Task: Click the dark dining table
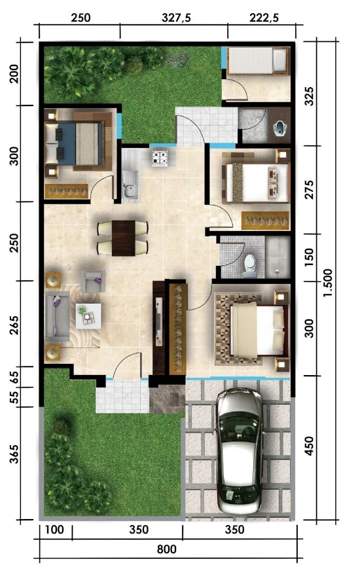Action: click(x=122, y=238)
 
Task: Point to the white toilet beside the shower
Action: click(x=249, y=262)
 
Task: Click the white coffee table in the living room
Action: click(x=87, y=315)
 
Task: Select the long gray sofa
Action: click(x=58, y=317)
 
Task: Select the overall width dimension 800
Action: click(x=167, y=549)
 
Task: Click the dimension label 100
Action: click(x=55, y=530)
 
